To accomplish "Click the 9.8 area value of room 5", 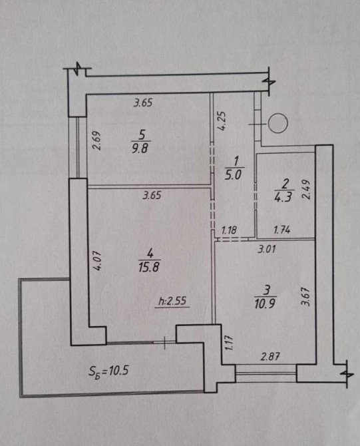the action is coord(140,148).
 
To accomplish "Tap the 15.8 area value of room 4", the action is coord(149,267).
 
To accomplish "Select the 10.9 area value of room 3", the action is coord(265,304).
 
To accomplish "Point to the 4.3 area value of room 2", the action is coord(283,196).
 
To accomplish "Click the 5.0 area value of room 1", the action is coord(233,174).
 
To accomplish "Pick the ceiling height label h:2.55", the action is coord(172,301).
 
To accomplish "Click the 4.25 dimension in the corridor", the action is coord(222,120).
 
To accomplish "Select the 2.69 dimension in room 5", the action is coord(96,140).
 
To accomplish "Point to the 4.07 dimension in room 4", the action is coord(97,260).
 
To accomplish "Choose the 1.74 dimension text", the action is coord(282,230).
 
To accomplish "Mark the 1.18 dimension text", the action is coord(229,230).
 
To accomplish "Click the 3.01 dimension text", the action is coord(267,249).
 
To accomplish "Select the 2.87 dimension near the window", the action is coord(270,356).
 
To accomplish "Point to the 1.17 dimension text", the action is coord(230,342).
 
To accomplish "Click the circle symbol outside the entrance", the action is coord(278,123).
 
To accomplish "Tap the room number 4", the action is coord(150,252).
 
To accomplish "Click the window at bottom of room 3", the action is coord(266,373).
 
